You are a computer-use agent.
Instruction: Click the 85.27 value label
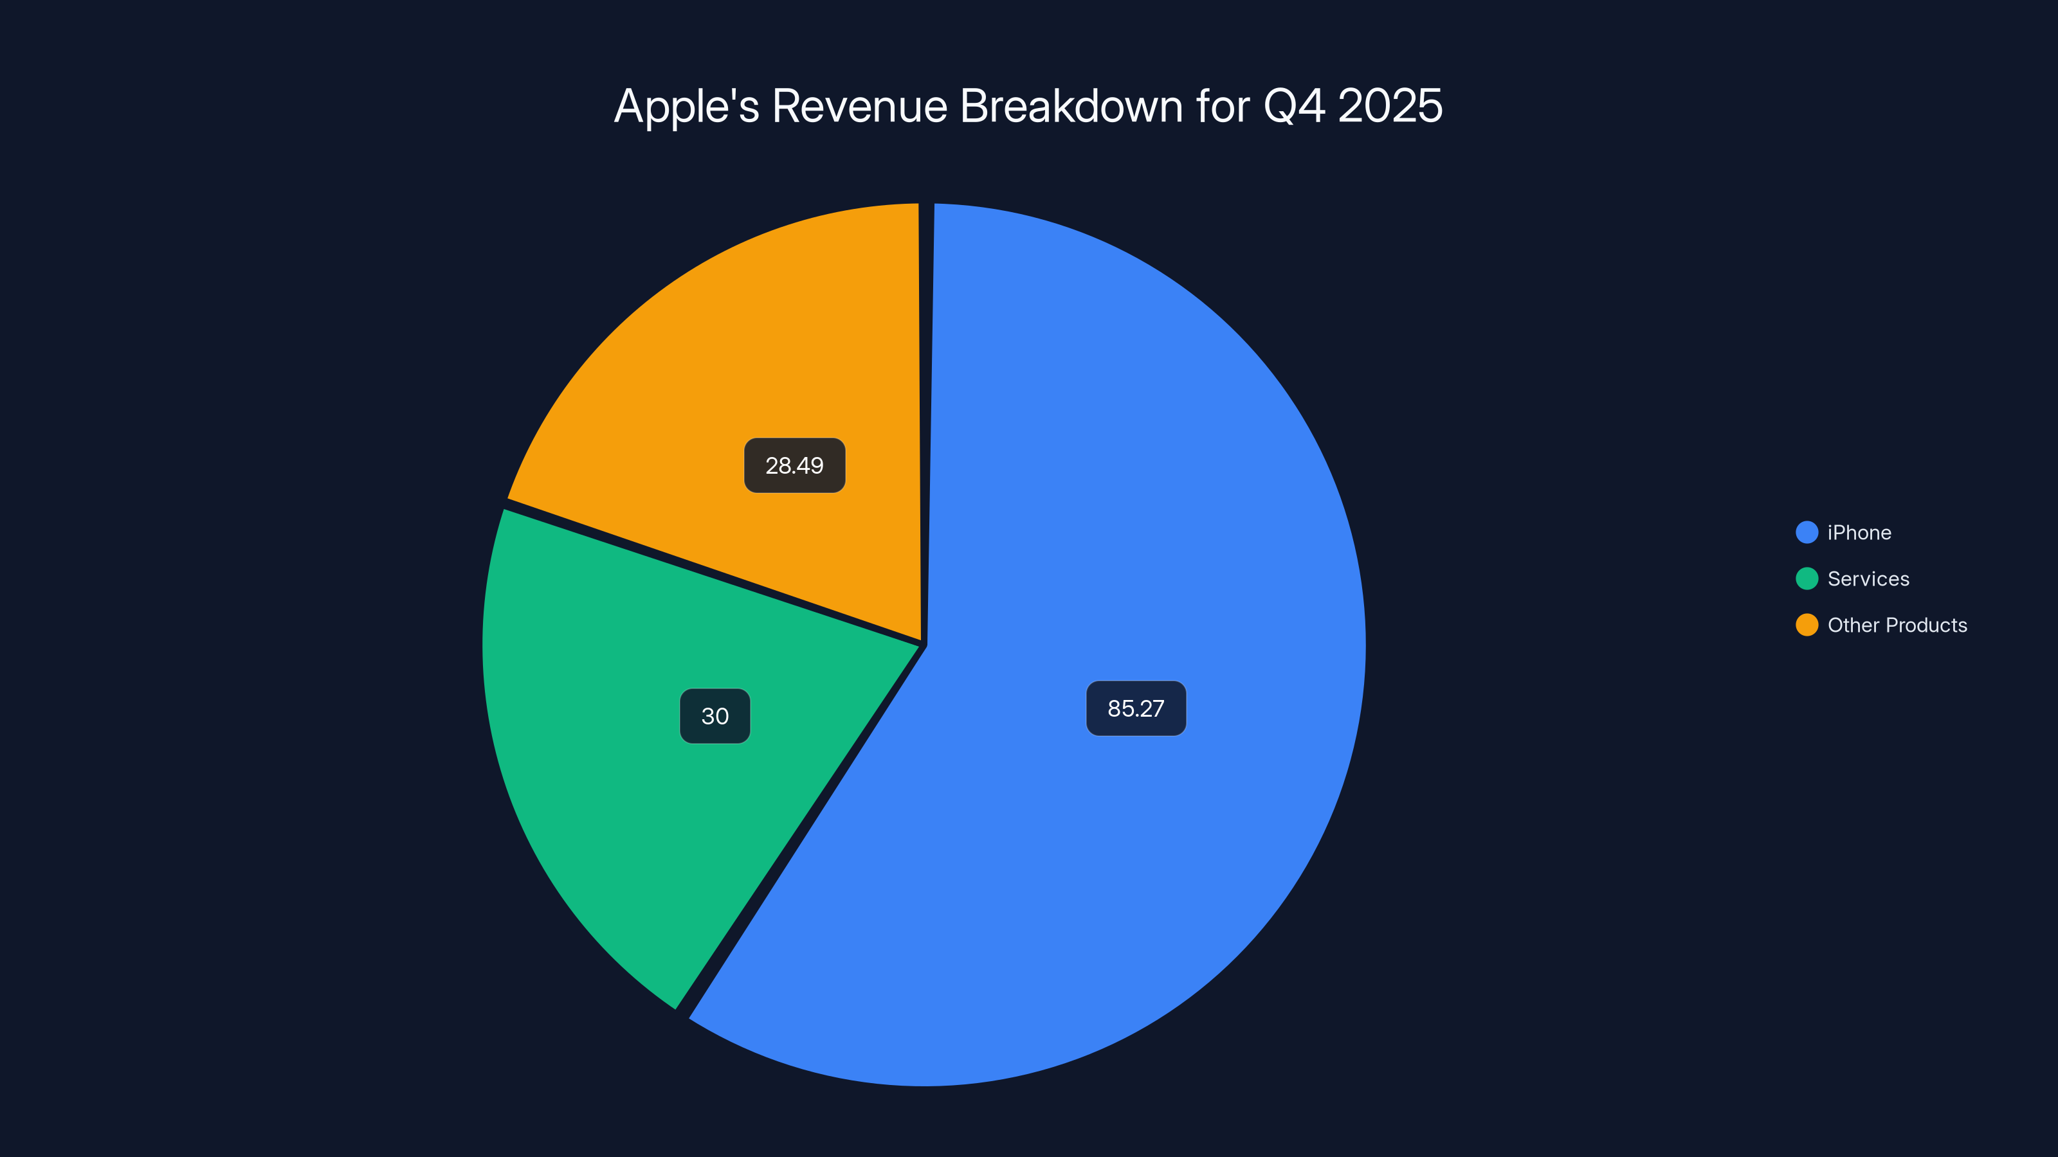pos(1135,708)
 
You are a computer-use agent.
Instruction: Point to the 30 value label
pos(715,716)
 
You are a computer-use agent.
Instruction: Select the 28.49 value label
pos(794,465)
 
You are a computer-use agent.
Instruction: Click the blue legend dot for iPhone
pos(1807,533)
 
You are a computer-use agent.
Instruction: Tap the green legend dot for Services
pos(1807,579)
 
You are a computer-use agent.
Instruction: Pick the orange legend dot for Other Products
pos(1807,625)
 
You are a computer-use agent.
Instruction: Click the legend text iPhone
pos(1859,533)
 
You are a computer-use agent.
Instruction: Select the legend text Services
pos(1868,579)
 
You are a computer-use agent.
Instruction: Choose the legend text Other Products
pos(1897,625)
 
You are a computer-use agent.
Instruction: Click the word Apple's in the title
pos(686,106)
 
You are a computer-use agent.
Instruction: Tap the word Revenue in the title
pos(860,106)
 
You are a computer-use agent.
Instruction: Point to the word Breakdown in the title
pos(1071,106)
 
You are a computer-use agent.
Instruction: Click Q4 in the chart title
pos(1294,106)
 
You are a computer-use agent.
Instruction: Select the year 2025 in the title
pos(1390,106)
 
